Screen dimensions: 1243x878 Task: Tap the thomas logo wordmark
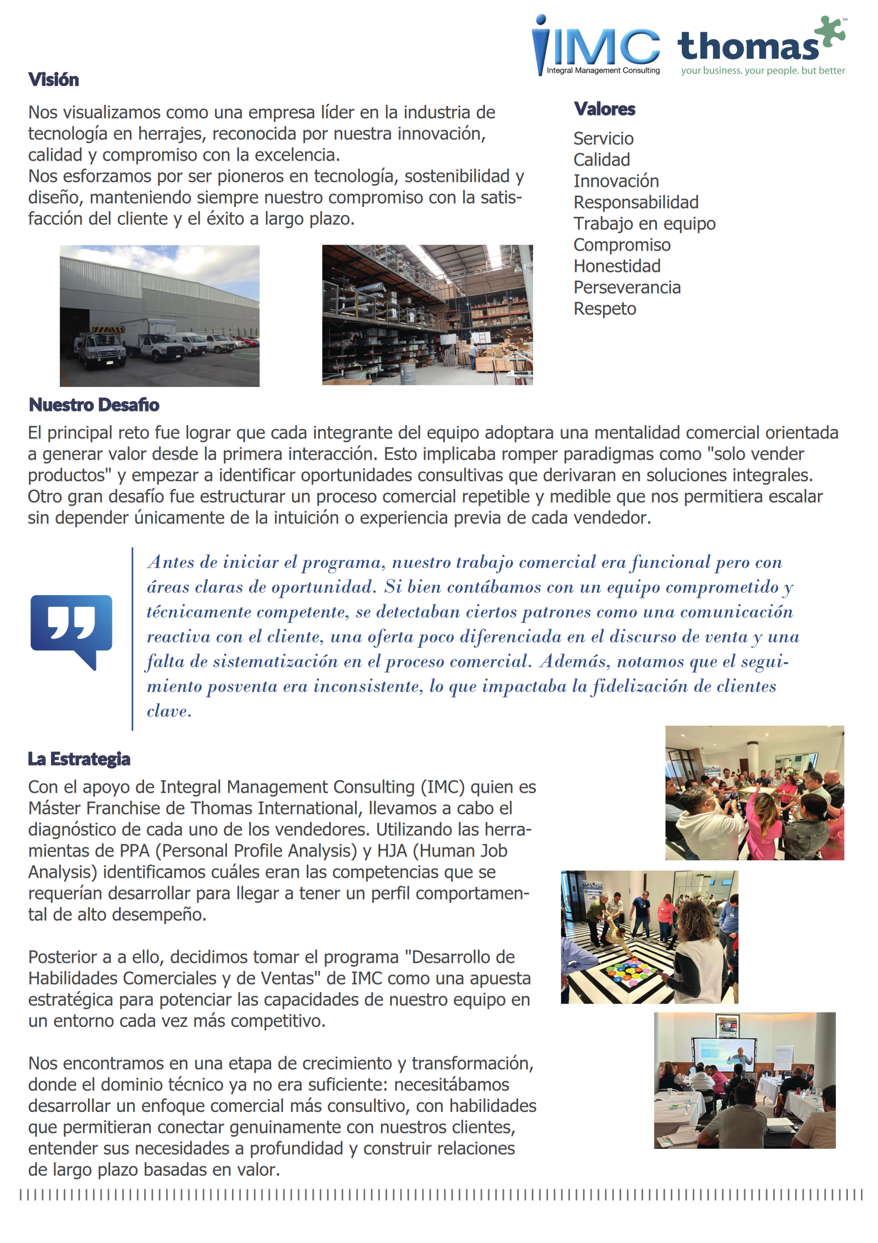click(748, 47)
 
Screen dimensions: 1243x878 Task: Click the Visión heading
click(53, 80)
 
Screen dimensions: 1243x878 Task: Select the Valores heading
click(604, 109)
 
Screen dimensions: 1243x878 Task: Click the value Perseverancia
click(627, 287)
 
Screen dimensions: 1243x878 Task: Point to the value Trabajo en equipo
click(644, 223)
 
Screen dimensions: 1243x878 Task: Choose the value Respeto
click(605, 309)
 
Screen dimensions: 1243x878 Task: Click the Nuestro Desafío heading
click(94, 404)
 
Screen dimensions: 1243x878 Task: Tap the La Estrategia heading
click(79, 758)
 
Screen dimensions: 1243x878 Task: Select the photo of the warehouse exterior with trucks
click(159, 316)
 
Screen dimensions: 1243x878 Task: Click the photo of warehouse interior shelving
click(427, 315)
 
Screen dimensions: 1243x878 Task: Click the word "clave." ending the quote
click(169, 711)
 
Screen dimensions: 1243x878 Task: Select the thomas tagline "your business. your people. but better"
click(762, 70)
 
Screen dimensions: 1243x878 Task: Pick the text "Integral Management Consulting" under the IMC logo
click(603, 70)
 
